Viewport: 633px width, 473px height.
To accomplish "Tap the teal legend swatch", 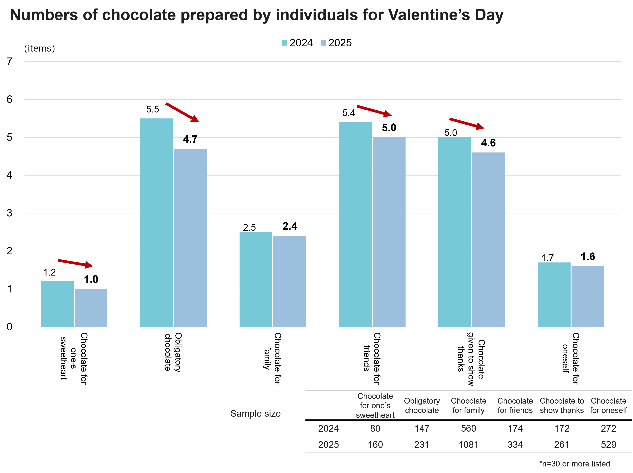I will tap(285, 43).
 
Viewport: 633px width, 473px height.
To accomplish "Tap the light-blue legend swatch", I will tap(323, 43).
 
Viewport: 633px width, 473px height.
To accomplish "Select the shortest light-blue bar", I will tap(91, 308).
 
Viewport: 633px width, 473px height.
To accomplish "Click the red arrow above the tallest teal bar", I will tap(182, 112).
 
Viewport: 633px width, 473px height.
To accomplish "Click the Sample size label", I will tap(256, 413).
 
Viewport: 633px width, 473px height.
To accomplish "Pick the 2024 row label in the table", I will tap(328, 428).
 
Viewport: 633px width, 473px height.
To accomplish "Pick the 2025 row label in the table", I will tap(328, 445).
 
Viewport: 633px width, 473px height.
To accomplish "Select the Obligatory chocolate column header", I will tap(422, 406).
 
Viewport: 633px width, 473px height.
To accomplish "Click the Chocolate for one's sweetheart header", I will tap(375, 406).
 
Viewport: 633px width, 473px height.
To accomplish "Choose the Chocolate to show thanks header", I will tap(562, 406).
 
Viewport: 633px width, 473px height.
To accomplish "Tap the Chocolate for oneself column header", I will tap(608, 406).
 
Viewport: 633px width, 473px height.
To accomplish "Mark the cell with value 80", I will tap(375, 428).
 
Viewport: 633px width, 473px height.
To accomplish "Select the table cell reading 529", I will tap(608, 445).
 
